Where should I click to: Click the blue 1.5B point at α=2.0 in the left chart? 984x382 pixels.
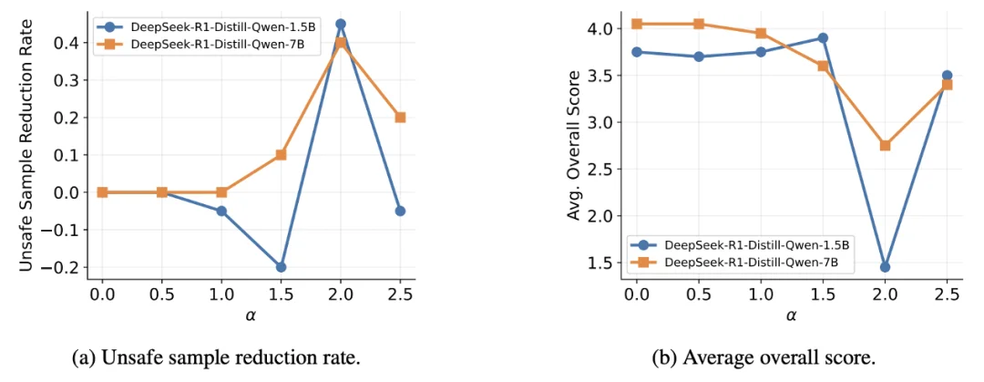pyautogui.click(x=341, y=24)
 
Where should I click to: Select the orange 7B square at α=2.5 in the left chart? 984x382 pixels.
pyautogui.click(x=400, y=118)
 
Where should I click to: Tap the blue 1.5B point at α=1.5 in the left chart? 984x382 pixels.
pyautogui.click(x=282, y=267)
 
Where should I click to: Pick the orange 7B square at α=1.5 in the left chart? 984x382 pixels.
pyautogui.click(x=282, y=155)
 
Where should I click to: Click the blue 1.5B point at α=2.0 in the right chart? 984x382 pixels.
pyautogui.click(x=885, y=267)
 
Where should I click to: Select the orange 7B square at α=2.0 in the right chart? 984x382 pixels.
pyautogui.click(x=885, y=145)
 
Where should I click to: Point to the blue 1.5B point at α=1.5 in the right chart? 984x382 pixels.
pyautogui.click(x=823, y=37)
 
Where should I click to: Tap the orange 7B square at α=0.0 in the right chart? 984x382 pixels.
pyautogui.click(x=637, y=24)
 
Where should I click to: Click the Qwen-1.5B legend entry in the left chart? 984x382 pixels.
pyautogui.click(x=200, y=27)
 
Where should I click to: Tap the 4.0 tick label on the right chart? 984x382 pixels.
pyautogui.click(x=607, y=29)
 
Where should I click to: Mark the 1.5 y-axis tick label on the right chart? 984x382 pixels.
pyautogui.click(x=607, y=263)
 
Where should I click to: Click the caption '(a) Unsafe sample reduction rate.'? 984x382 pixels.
pyautogui.click(x=217, y=359)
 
